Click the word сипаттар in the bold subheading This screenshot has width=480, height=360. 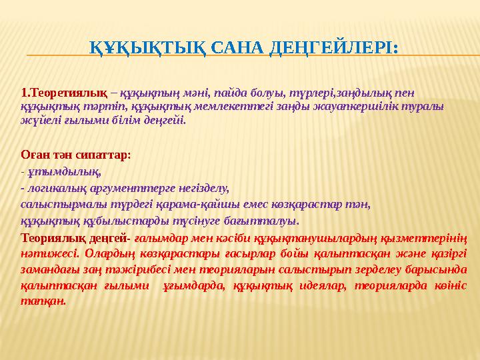pos(103,154)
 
